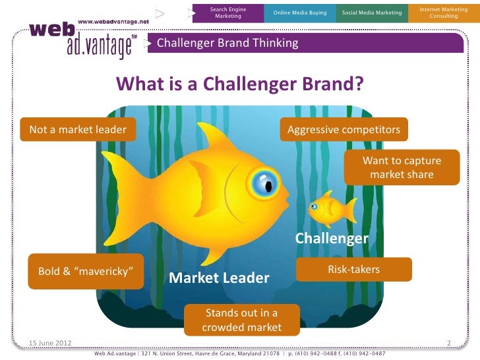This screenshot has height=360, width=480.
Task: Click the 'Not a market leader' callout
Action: pyautogui.click(x=78, y=129)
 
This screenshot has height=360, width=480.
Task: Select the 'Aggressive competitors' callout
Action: pyautogui.click(x=344, y=129)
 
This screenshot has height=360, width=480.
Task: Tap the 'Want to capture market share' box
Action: pyautogui.click(x=402, y=167)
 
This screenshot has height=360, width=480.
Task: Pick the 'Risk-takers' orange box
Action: pyautogui.click(x=354, y=270)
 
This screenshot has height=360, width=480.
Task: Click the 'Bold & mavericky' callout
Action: pyautogui.click(x=86, y=271)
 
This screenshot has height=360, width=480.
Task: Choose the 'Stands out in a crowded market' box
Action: pyautogui.click(x=241, y=320)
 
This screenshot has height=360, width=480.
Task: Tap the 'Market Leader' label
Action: pyautogui.click(x=219, y=278)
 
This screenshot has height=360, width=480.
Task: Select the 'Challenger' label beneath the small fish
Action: pyautogui.click(x=331, y=238)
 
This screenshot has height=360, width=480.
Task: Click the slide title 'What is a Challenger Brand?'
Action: pyautogui.click(x=239, y=84)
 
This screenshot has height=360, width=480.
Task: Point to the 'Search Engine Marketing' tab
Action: pyautogui.click(x=228, y=13)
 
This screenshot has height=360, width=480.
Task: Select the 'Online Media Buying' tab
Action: pyautogui.click(x=300, y=13)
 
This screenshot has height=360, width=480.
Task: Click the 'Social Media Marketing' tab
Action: pyautogui.click(x=371, y=13)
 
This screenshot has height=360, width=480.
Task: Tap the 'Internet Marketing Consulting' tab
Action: pyautogui.click(x=443, y=13)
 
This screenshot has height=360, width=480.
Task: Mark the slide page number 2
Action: pyautogui.click(x=448, y=342)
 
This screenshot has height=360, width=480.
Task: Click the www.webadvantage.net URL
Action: pyautogui.click(x=113, y=21)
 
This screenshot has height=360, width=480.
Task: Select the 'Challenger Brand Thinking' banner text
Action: pyautogui.click(x=227, y=44)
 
